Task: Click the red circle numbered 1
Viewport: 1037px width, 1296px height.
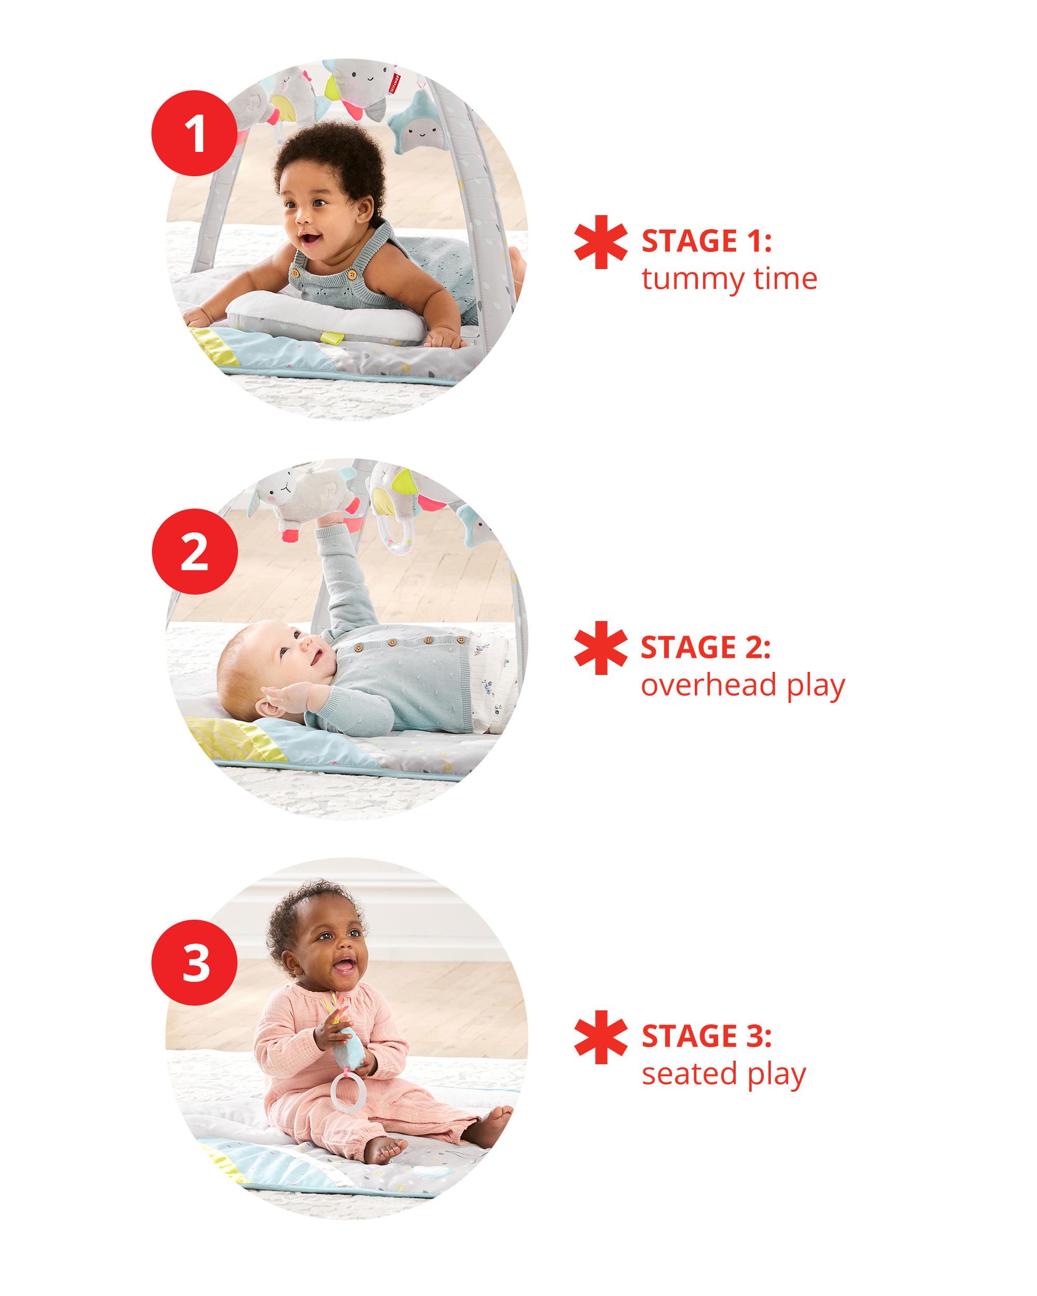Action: point(194,133)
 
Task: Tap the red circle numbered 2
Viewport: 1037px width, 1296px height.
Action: point(194,552)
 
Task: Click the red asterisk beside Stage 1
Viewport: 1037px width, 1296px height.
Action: point(600,242)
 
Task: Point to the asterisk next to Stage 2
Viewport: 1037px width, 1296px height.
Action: point(600,648)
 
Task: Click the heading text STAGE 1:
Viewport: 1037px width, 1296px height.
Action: point(706,241)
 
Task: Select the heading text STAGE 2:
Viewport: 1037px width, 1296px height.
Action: point(706,647)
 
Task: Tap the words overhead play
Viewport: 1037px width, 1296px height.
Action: point(743,686)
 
